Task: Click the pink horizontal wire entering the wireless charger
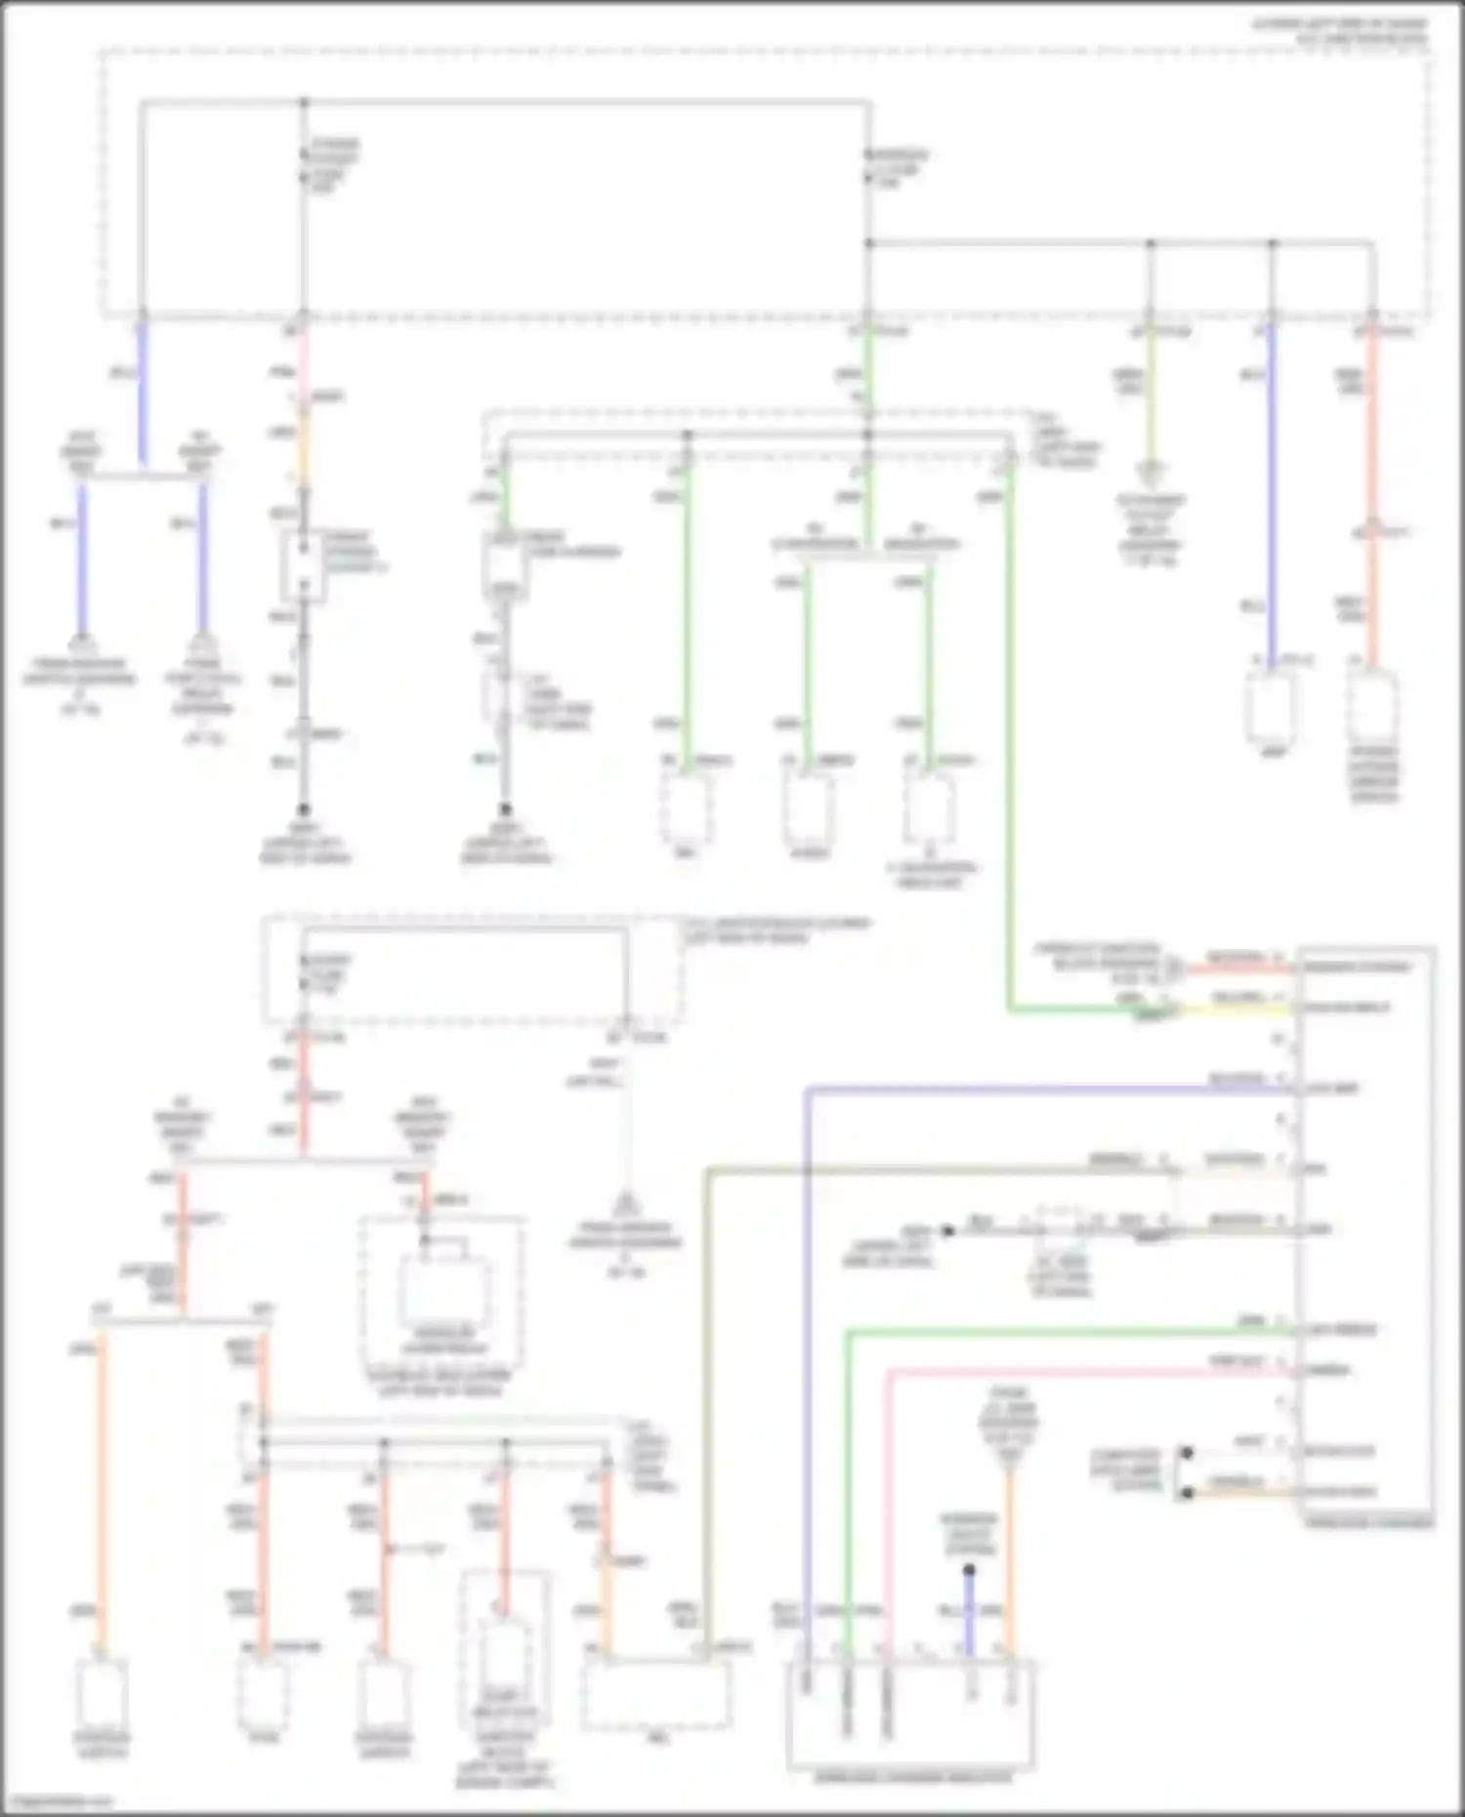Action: click(x=1074, y=1372)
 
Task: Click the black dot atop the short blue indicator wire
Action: click(x=969, y=1570)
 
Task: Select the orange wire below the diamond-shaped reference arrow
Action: click(x=1010, y=1562)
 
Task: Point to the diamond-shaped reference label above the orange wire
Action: click(x=1010, y=1425)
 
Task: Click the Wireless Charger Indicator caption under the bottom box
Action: click(x=912, y=1777)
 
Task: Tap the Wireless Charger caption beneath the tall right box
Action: click(x=1367, y=1522)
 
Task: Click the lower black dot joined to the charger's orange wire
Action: click(x=1187, y=1493)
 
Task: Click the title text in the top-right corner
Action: click(x=1340, y=30)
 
